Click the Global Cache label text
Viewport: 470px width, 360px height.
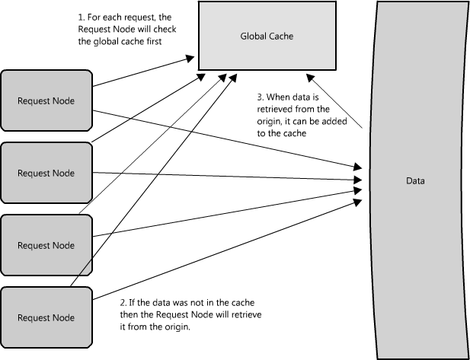point(267,37)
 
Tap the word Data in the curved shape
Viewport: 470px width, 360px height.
point(415,181)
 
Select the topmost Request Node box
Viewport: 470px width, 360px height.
point(46,100)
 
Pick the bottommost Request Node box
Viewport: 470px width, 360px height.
point(46,317)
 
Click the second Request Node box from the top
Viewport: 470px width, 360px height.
point(46,173)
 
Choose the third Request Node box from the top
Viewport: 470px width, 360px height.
point(46,245)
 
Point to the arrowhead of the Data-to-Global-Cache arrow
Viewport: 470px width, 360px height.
point(310,78)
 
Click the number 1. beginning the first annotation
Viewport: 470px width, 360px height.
point(82,18)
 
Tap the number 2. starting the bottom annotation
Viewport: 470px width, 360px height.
point(123,303)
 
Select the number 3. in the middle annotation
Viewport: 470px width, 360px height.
point(261,97)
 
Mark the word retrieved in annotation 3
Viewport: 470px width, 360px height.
point(274,110)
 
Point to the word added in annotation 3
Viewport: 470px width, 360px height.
point(337,121)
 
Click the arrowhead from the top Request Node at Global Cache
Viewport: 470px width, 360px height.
point(190,58)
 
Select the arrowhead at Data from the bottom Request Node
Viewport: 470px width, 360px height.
point(358,202)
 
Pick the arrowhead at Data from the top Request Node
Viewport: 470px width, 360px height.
point(358,167)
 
